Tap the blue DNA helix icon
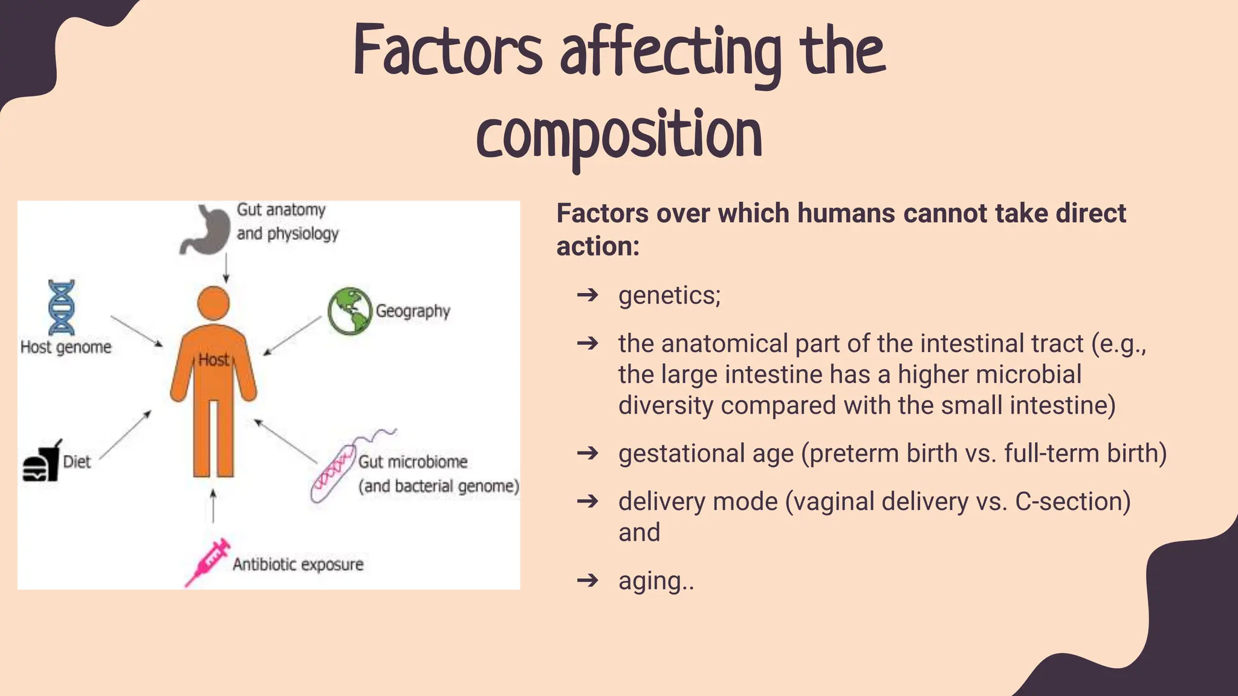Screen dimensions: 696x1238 click(x=62, y=307)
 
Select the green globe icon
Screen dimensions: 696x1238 click(x=349, y=311)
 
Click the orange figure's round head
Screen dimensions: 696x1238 click(x=213, y=303)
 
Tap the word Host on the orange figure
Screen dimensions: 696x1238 click(x=213, y=360)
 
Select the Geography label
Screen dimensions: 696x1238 click(x=413, y=311)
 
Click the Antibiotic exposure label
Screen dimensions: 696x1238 click(x=298, y=564)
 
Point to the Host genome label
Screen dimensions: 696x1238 click(x=66, y=347)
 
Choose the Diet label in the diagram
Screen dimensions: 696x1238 click(x=77, y=462)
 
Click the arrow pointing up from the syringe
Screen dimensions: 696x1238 click(x=213, y=506)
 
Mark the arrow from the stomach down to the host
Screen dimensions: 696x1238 click(x=226, y=267)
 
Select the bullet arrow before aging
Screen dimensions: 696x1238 click(x=588, y=581)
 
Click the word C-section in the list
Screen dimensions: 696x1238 click(x=1072, y=501)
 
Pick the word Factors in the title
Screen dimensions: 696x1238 click(x=448, y=51)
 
